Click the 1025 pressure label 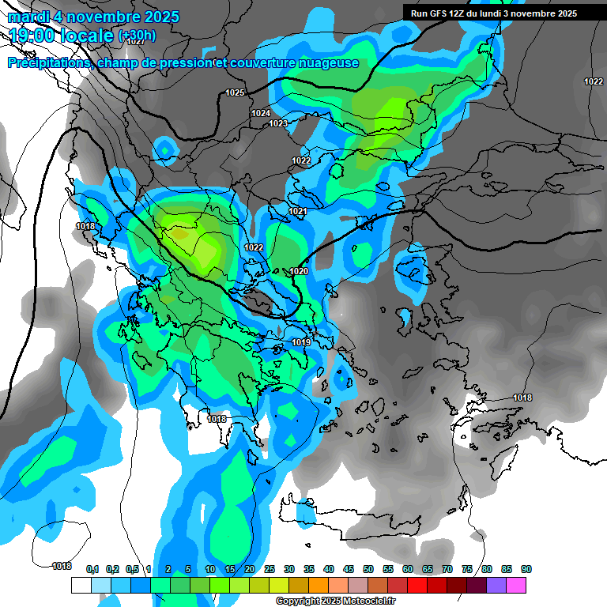coord(235,93)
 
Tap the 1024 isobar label coord(261,114)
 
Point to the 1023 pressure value coord(278,124)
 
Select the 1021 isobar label coord(297,212)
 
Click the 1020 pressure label coord(299,272)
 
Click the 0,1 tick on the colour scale coord(92,570)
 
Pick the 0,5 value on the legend coord(131,570)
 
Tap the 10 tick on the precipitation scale coord(209,570)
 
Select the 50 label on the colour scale coord(368,570)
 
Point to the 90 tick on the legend coord(526,570)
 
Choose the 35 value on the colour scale coord(309,570)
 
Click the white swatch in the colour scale coord(81,585)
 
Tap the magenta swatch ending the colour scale coord(516,585)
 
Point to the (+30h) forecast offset coord(137,36)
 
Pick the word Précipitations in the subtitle coord(48,63)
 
